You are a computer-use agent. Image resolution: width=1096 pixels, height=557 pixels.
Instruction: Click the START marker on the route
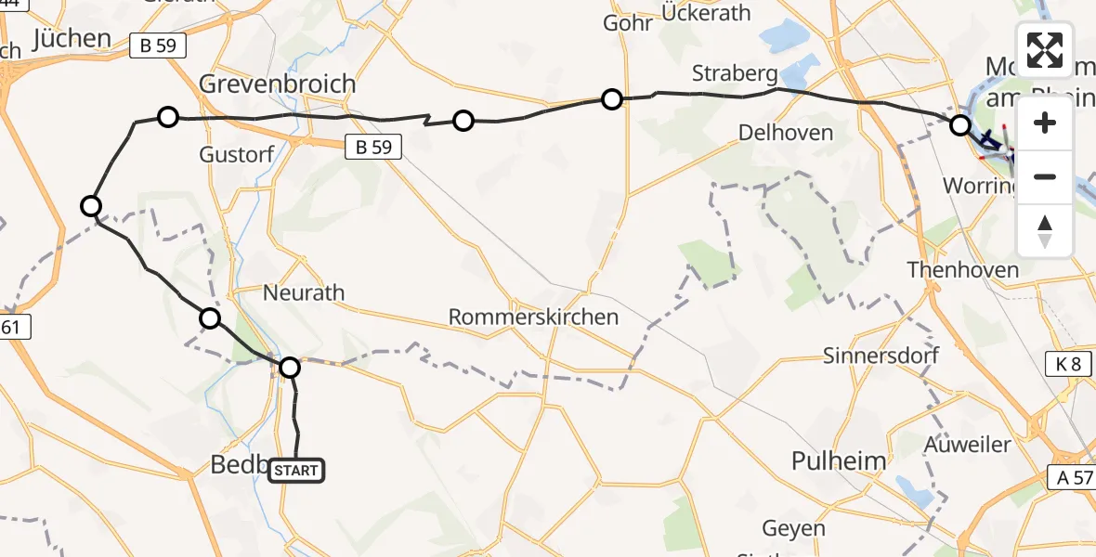296,471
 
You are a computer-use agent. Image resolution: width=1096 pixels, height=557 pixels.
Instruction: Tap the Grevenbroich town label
278,84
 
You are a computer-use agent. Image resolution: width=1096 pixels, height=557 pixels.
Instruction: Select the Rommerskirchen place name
533,317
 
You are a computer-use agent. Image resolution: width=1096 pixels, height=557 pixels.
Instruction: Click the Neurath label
304,293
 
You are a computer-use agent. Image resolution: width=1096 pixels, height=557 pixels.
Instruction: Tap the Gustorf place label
237,155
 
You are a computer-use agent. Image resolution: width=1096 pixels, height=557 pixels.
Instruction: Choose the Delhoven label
785,134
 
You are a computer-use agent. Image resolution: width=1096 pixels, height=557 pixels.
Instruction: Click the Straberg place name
734,73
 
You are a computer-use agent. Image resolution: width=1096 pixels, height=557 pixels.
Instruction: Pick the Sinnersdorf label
881,356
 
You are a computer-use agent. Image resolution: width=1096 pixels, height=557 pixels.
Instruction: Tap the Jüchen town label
72,39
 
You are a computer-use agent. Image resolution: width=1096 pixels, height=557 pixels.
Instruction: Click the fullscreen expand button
1045,50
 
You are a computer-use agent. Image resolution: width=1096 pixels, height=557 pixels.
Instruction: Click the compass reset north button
1045,231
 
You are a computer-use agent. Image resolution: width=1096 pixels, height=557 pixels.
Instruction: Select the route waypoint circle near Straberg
611,98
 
